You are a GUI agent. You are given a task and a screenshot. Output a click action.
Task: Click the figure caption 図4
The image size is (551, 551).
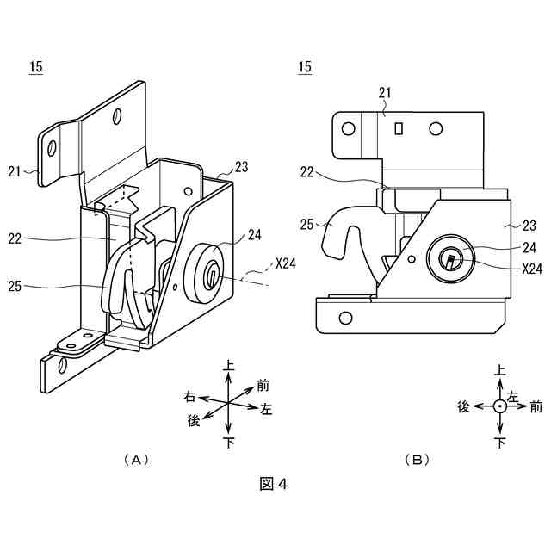(x=273, y=484)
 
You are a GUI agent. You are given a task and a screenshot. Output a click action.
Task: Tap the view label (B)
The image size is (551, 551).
(x=417, y=460)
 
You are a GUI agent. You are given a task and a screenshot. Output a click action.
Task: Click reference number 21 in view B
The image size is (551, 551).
(x=384, y=93)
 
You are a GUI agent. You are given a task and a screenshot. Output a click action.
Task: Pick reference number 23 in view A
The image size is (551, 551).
(x=242, y=168)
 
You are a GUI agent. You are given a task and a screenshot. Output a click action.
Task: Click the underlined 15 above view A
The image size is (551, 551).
(x=35, y=67)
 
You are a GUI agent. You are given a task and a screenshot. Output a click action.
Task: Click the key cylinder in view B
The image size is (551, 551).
(x=450, y=257)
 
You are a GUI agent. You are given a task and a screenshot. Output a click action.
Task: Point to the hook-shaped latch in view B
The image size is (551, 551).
(x=344, y=232)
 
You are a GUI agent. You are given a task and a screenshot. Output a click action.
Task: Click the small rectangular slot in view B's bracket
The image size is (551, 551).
(x=399, y=128)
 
